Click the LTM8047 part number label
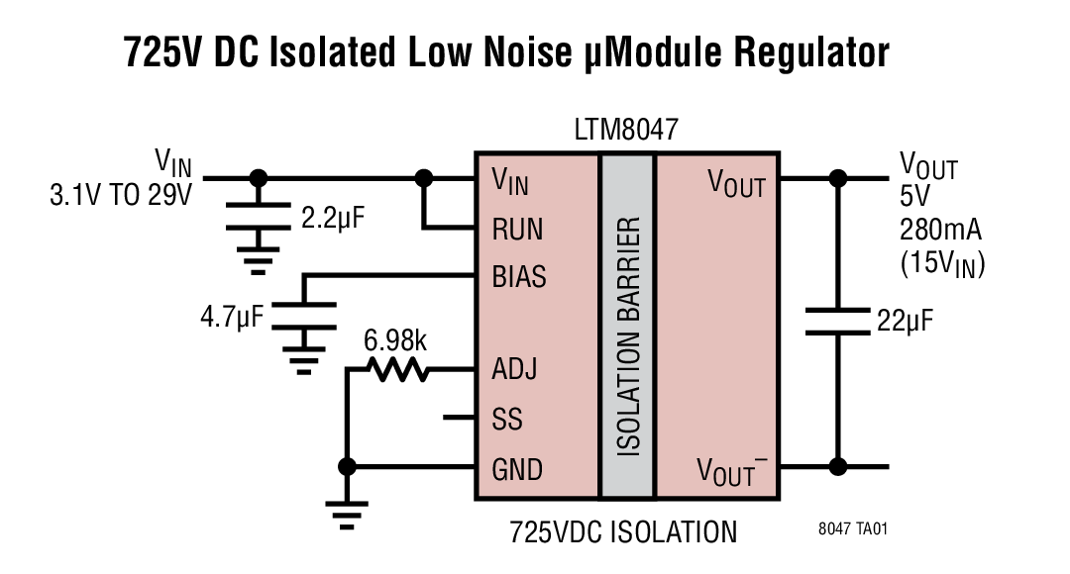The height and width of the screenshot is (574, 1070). click(x=626, y=131)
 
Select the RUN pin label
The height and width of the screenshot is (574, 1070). click(x=517, y=230)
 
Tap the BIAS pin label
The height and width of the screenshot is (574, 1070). click(x=519, y=277)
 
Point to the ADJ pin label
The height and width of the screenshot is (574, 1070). click(x=514, y=371)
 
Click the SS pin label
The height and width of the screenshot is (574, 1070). click(x=507, y=420)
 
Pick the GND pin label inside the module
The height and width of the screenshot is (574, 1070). click(x=517, y=468)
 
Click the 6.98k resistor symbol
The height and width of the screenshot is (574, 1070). click(x=396, y=370)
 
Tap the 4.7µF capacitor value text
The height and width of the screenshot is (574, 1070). click(x=232, y=318)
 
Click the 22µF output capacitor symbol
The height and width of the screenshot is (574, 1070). click(x=838, y=322)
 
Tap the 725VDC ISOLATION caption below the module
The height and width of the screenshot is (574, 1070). click(x=623, y=532)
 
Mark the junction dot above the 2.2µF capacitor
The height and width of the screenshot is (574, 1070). click(x=259, y=179)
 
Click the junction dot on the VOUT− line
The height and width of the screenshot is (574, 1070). click(x=838, y=467)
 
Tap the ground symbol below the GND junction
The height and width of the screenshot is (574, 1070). click(x=347, y=511)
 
